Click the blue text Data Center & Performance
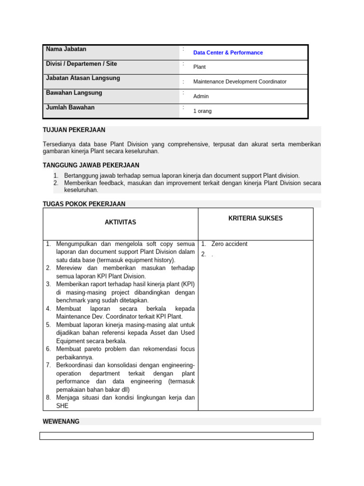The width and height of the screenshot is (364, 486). tap(228, 53)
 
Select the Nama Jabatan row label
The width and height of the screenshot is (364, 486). tap(66, 49)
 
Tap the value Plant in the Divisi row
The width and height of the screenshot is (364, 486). tap(200, 67)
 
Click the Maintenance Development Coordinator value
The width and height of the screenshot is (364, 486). tap(240, 82)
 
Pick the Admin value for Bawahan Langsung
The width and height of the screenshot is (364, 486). tap(201, 96)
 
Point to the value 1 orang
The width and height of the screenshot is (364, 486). tap(202, 111)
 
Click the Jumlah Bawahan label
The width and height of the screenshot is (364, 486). tap(70, 107)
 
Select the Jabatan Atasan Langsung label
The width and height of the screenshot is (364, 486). tap(83, 78)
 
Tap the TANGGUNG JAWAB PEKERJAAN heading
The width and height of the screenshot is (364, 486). tap(91, 165)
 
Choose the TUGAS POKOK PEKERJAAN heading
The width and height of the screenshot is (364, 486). tap(84, 204)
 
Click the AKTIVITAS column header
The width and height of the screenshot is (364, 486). tap(120, 222)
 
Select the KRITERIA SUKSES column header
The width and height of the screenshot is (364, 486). tap(255, 218)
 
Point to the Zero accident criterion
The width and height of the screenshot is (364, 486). tap(229, 244)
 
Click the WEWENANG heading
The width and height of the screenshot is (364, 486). tap(61, 421)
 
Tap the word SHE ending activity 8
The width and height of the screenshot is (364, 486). tap(62, 406)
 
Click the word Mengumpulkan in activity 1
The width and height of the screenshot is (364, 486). tap(77, 244)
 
